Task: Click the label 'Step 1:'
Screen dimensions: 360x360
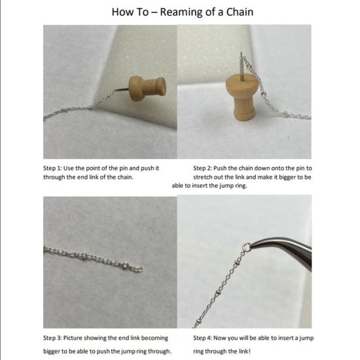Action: pyautogui.click(x=54, y=168)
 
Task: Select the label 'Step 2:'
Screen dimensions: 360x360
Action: pyautogui.click(x=204, y=168)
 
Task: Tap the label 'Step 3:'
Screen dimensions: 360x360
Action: pyautogui.click(x=54, y=338)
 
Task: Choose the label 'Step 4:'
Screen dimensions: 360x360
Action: pyautogui.click(x=204, y=338)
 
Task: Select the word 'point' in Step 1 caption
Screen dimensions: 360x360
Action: pyautogui.click(x=105, y=168)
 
